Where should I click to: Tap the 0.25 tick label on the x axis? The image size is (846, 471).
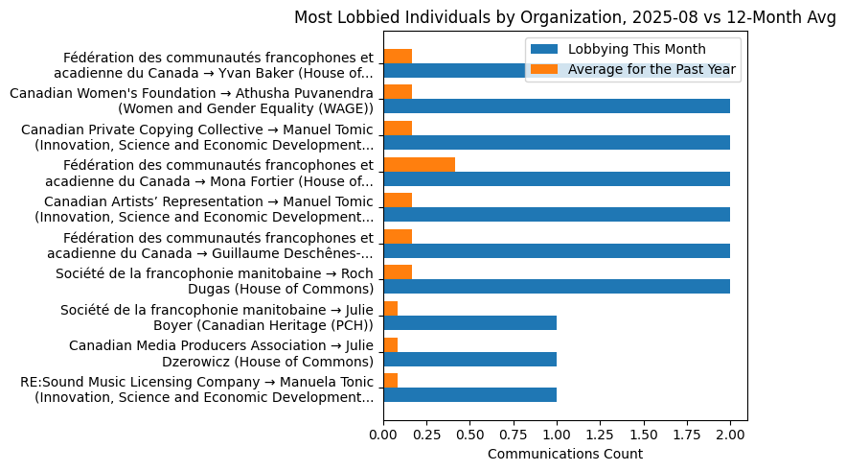point(426,434)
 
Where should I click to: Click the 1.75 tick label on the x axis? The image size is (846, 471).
point(687,434)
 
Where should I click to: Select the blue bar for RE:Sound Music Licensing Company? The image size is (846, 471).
point(469,395)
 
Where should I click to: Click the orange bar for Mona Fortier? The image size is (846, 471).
point(419,164)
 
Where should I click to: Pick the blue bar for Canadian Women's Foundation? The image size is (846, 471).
point(557,106)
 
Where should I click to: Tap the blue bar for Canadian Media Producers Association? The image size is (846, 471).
point(469,359)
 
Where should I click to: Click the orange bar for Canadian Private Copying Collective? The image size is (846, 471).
point(398,129)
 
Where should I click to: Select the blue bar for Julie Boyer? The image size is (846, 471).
point(469,322)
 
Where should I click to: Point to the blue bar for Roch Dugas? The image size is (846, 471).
point(557,286)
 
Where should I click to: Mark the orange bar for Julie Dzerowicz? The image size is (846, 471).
point(390,344)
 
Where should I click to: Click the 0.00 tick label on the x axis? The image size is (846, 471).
point(383,434)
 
